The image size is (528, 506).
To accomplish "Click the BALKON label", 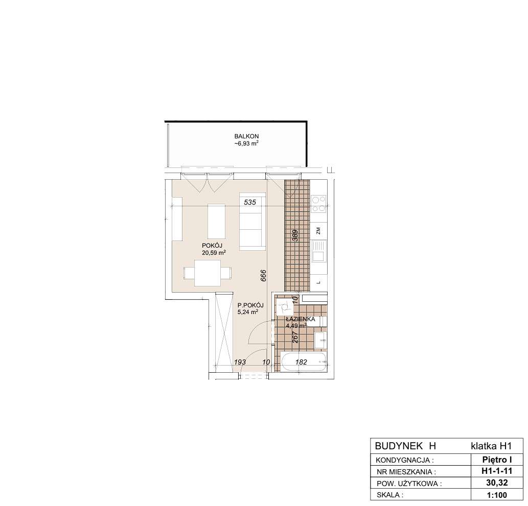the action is coord(246,136).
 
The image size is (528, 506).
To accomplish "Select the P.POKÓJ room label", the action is coord(250,305).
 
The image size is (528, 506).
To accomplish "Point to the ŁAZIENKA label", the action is coord(301,319).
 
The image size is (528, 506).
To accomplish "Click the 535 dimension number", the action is coord(250,202).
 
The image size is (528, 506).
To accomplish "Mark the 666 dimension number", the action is coord(264,276).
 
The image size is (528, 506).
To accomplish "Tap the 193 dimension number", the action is coord(240,362).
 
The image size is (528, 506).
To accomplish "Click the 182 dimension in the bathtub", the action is coord(302,362).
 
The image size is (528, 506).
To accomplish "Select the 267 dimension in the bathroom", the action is coord(295,338).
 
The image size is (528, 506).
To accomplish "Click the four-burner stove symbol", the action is coord(318,204).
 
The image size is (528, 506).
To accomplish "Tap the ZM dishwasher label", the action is coord(318,231).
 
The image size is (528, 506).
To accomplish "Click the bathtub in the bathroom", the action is coord(304,362).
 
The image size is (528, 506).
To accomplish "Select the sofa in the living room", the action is coord(252,222).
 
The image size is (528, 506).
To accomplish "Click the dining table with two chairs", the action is coord(208,273).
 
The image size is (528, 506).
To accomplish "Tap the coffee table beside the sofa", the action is coord(217,222).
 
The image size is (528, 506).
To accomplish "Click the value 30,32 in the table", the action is coord(497,483).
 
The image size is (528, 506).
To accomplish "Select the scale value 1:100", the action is coord(497,495).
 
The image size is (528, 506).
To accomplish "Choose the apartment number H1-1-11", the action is coord(497,471).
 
